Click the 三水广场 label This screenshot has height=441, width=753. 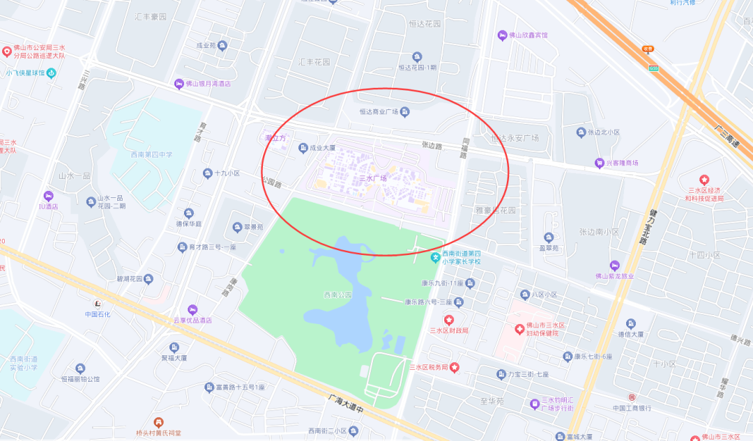(373, 178)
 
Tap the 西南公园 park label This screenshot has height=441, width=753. (339, 294)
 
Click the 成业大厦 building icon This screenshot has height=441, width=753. (303, 147)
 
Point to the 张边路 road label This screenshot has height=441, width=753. (432, 146)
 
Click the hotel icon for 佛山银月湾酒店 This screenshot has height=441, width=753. (179, 84)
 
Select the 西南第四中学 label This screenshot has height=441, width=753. (151, 155)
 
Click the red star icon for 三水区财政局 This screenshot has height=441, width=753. (449, 319)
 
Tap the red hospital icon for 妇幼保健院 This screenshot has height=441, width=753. (519, 328)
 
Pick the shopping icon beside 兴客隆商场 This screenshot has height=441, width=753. (599, 163)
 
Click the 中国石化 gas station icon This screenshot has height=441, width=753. (98, 303)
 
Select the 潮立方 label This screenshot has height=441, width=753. (275, 138)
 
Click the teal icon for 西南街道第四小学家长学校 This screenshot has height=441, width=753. (436, 258)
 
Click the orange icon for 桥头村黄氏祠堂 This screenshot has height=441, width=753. (158, 422)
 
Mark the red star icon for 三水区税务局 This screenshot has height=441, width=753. (454, 367)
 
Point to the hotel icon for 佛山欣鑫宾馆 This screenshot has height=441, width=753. (502, 35)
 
